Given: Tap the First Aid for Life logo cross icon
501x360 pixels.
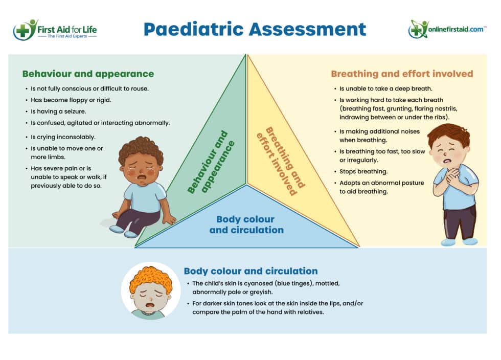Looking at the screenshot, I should (23, 31).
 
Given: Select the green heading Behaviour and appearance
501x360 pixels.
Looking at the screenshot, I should (88, 74).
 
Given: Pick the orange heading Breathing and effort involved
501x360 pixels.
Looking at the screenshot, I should (402, 74).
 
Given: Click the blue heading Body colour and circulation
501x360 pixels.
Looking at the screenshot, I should (250, 271).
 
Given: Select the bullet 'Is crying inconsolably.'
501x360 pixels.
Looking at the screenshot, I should (63, 137).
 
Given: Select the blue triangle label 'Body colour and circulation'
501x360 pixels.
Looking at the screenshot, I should (246, 224).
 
